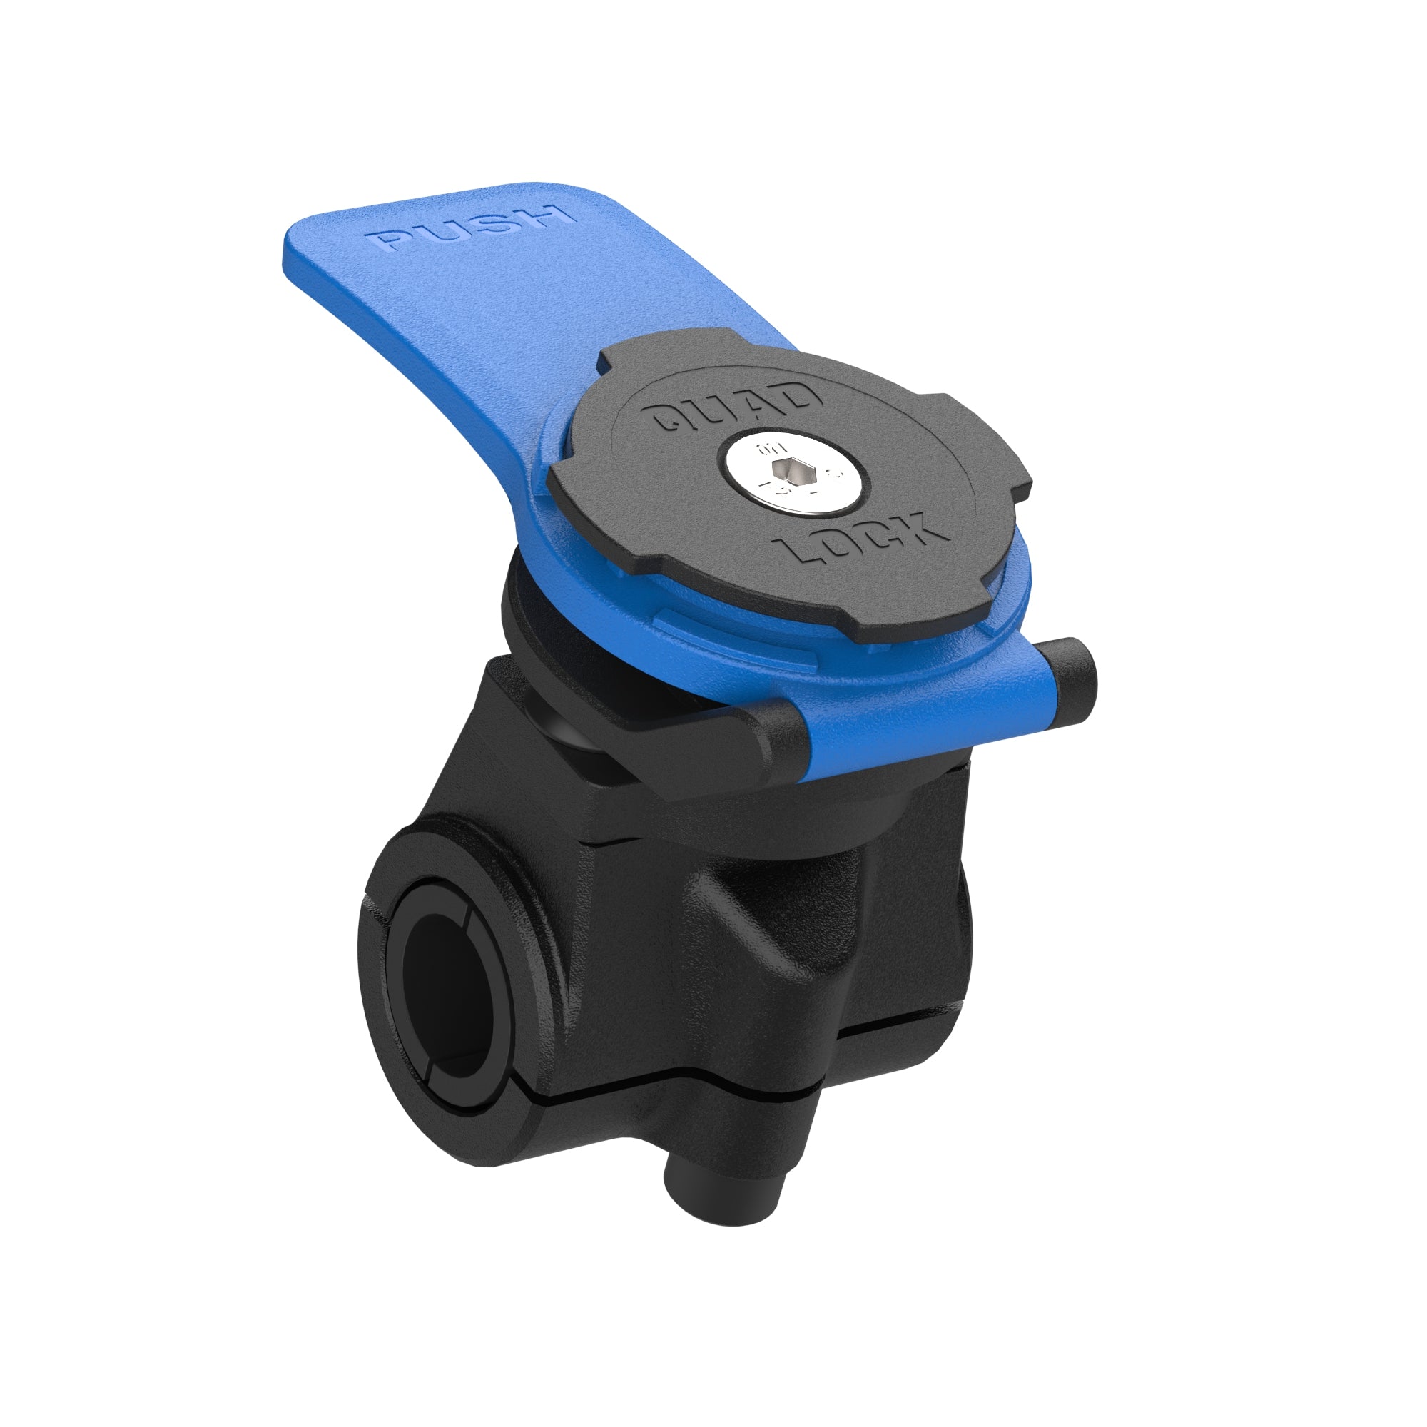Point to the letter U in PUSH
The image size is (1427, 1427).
click(443, 233)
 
